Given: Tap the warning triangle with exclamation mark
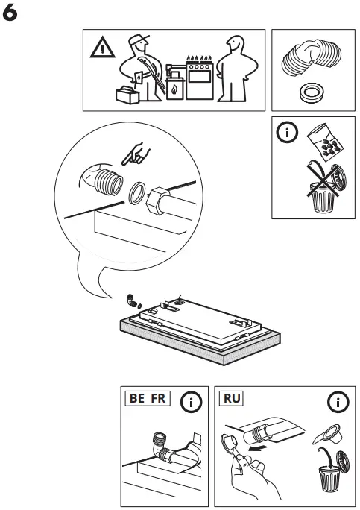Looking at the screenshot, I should [x=99, y=49].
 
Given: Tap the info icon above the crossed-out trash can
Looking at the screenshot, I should [x=287, y=135].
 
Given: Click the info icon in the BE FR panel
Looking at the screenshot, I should [x=192, y=403].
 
